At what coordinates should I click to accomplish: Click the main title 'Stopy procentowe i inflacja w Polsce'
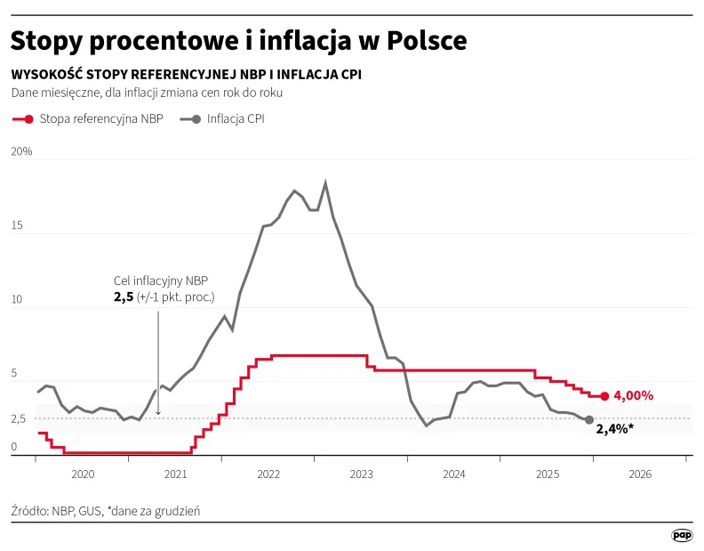(x=238, y=42)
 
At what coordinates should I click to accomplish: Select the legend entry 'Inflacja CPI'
(x=235, y=118)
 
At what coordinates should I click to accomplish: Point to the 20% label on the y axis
(x=21, y=151)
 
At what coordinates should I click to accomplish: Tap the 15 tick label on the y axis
(x=17, y=226)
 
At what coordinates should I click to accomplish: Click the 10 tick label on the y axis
(x=17, y=300)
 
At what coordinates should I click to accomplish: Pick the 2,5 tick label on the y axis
(x=20, y=418)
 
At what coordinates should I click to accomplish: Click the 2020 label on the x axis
(x=82, y=474)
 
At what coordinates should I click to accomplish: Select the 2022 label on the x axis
(x=268, y=474)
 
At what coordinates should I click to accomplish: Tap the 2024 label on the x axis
(x=454, y=474)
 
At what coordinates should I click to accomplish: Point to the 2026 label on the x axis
(x=640, y=474)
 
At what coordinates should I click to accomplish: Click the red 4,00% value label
(x=634, y=395)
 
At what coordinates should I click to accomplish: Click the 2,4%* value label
(x=614, y=428)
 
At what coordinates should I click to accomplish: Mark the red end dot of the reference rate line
(x=604, y=396)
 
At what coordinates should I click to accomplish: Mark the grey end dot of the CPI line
(x=588, y=419)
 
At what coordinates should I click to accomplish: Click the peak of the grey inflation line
(x=326, y=182)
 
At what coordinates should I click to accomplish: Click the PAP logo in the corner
(x=681, y=535)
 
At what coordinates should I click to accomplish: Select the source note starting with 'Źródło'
(x=106, y=511)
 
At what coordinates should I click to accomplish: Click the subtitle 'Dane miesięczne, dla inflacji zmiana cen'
(x=148, y=93)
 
